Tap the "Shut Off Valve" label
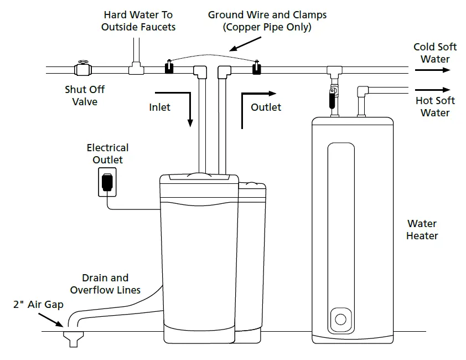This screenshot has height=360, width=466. (85, 95)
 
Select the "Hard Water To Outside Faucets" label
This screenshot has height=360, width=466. (138, 20)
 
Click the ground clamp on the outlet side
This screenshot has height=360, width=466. (256, 69)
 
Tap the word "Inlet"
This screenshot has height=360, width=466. (160, 107)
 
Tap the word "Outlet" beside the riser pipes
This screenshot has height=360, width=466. (266, 107)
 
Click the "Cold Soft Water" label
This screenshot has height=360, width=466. (435, 53)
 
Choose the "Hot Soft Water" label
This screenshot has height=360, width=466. (435, 106)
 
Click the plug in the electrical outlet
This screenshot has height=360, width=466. (107, 182)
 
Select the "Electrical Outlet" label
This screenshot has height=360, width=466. (107, 154)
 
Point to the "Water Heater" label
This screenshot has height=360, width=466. (422, 230)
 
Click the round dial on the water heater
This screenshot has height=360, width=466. (340, 320)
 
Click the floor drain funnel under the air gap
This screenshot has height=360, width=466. (73, 338)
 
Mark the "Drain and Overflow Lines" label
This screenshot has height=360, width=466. (105, 284)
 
